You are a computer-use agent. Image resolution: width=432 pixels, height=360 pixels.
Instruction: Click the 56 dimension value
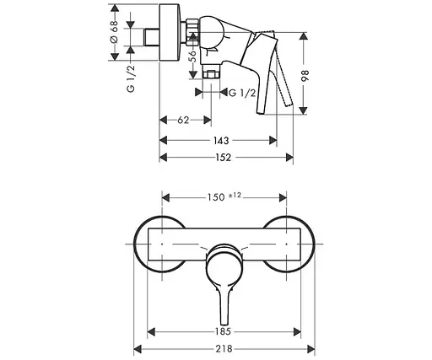192,56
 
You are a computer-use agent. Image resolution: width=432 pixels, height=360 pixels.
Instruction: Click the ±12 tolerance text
236,196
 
